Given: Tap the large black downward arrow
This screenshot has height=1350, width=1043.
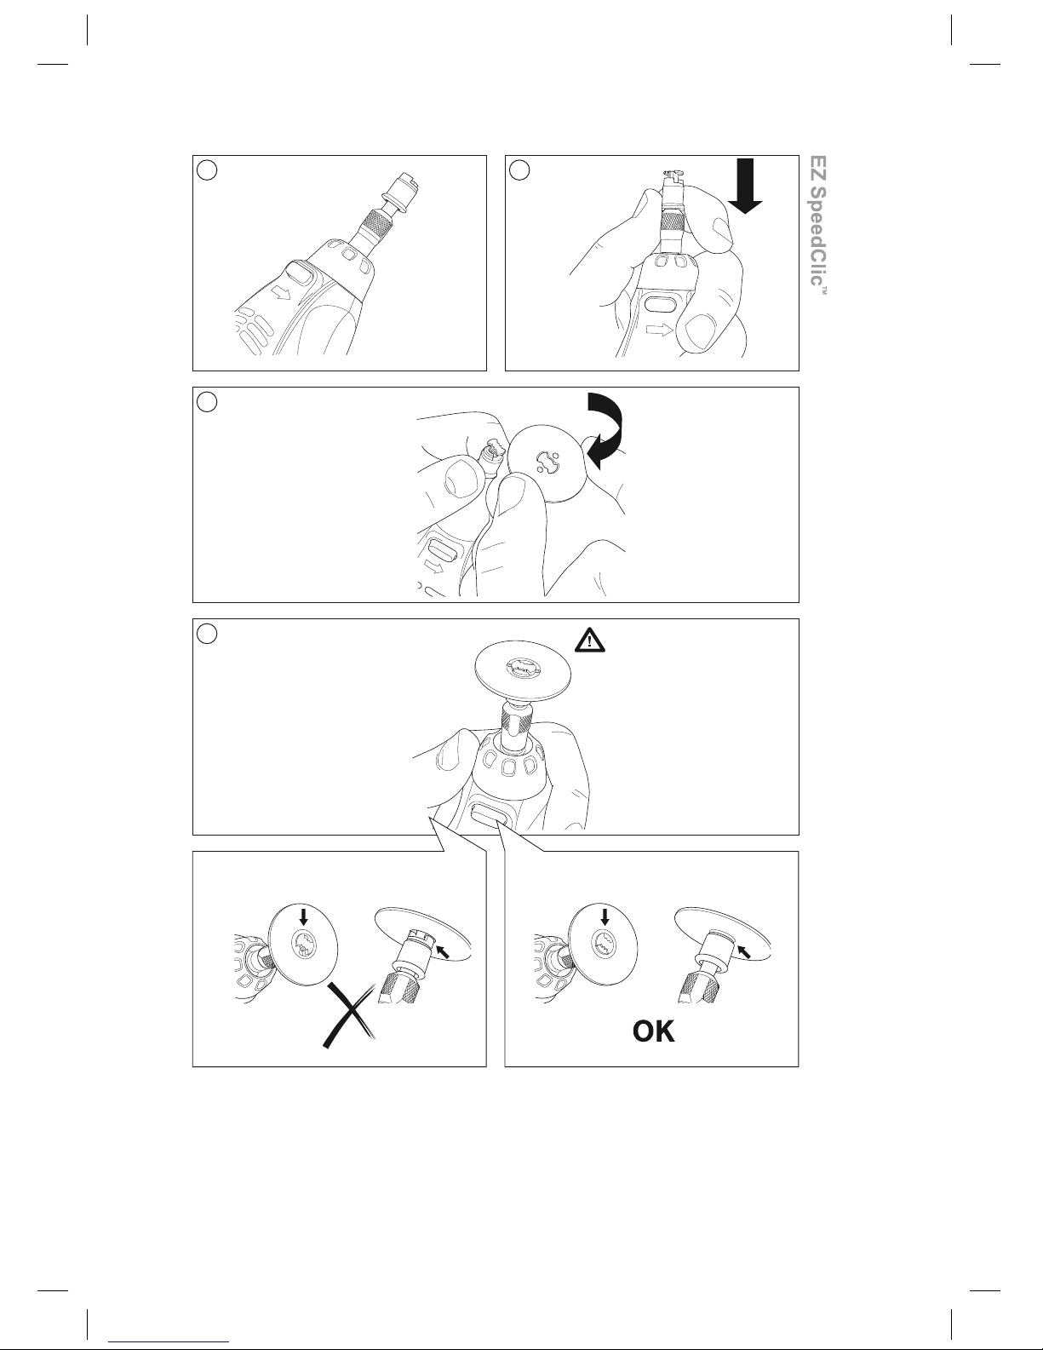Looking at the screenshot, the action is coord(744,186).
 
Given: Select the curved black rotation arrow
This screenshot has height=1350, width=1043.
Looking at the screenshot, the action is coord(605,428).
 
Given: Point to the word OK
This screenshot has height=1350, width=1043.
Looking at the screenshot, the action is coord(653,1031).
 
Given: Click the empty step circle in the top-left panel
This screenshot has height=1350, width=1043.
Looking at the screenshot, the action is coord(207,170).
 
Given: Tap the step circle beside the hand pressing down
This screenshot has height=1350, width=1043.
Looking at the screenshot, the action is coord(519,170).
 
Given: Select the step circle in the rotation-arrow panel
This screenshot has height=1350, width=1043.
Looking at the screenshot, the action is coord(207,402).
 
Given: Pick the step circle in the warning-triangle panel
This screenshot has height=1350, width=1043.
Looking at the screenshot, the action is coord(207,634).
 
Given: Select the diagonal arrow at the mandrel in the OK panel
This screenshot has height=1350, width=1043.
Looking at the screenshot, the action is coord(744,951).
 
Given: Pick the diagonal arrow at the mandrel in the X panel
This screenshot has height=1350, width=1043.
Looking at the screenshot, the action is coord(443,951).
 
